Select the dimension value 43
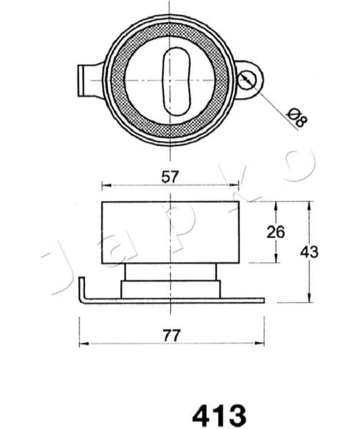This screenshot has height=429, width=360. click(309, 252)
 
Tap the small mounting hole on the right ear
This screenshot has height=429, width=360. click(248, 80)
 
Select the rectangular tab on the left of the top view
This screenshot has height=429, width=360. click(87, 75)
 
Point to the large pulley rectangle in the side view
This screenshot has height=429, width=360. click(169, 232)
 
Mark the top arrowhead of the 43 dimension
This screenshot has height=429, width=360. click(309, 204)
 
